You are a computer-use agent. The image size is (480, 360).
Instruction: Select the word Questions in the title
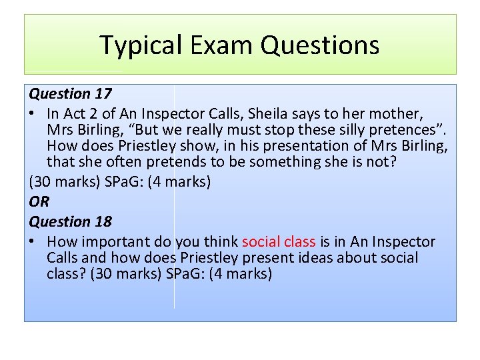(x=320, y=45)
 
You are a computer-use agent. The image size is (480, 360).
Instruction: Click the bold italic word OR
(x=39, y=201)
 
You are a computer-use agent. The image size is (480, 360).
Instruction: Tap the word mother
(x=398, y=113)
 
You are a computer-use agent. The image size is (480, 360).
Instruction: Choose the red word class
(x=300, y=241)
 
